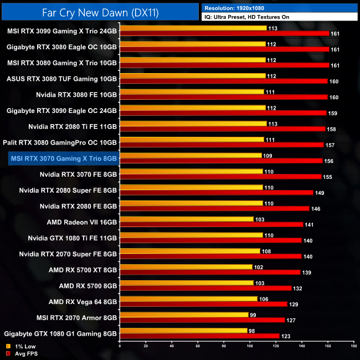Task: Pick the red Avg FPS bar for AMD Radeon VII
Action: pyautogui.click(x=211, y=224)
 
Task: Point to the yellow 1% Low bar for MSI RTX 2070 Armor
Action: pyautogui.click(x=183, y=315)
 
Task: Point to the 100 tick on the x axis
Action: pyautogui.click(x=249, y=347)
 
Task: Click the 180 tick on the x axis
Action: pyautogui.click(x=353, y=347)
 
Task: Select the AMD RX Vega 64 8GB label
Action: pyautogui.click(x=83, y=302)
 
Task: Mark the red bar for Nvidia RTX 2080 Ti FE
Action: pyautogui.click(x=222, y=128)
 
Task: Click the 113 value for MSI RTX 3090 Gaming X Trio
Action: pyautogui.click(x=272, y=28)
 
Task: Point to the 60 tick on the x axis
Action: pyautogui.click(x=197, y=347)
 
